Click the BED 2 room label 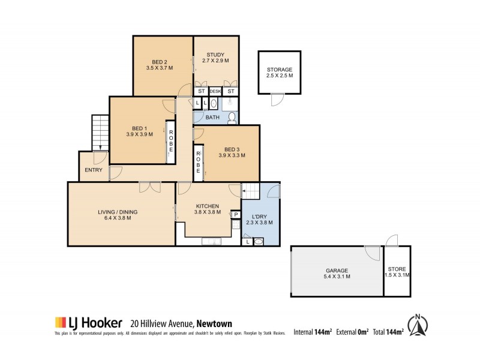coord(159,62)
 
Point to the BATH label coord(212,118)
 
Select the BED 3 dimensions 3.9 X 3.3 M coord(231,155)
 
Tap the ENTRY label coord(94,170)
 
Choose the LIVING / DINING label coord(118,211)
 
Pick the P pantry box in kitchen coord(236,214)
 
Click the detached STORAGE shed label coord(280,70)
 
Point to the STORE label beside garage coord(397,269)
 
